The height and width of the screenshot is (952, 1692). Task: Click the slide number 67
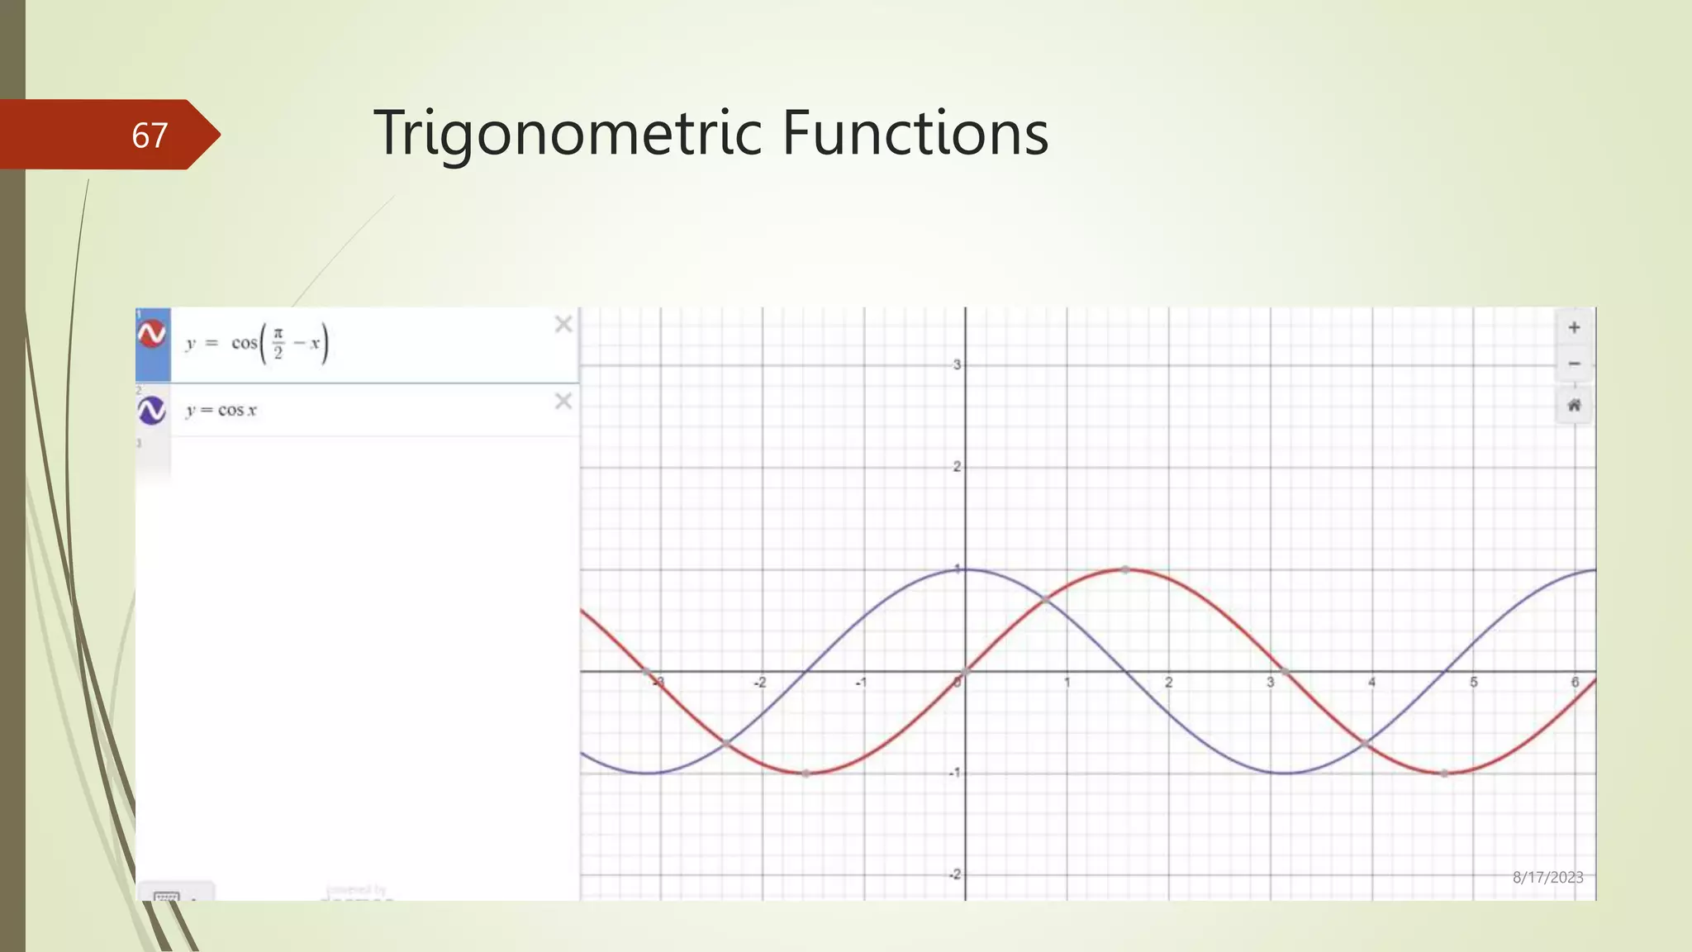[150, 136]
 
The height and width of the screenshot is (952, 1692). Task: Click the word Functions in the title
[915, 133]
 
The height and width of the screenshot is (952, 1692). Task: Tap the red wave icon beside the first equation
[152, 334]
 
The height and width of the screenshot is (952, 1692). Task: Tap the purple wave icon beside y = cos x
[152, 410]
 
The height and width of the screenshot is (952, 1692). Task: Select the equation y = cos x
[221, 410]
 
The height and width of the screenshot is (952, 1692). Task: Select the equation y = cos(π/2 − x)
[257, 343]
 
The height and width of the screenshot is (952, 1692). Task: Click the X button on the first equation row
[563, 324]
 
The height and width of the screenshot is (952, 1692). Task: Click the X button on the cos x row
[563, 401]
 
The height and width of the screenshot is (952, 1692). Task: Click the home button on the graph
[1574, 405]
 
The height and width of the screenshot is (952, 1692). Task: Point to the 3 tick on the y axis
[957, 364]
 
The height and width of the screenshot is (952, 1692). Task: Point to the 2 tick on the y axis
[957, 467]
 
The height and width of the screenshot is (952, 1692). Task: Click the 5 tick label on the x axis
[1473, 683]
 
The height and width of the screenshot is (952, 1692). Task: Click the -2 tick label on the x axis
[759, 683]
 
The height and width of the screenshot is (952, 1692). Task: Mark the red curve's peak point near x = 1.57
[1125, 569]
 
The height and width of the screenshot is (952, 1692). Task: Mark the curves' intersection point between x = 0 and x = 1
[1045, 599]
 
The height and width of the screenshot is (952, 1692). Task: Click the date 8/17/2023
[1547, 878]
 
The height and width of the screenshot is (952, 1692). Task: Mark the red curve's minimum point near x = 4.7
[1444, 773]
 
